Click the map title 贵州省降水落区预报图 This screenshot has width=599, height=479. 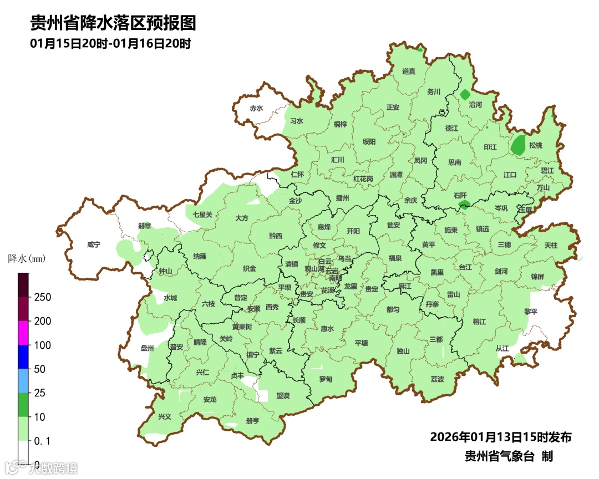click(x=113, y=23)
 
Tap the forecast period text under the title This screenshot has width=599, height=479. click(x=111, y=44)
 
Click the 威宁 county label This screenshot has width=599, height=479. click(x=94, y=244)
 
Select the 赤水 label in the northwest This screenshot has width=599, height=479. click(x=256, y=108)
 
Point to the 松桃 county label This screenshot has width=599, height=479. click(x=536, y=145)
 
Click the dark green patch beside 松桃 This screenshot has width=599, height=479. click(x=519, y=145)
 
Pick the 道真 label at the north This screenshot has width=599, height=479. click(x=409, y=72)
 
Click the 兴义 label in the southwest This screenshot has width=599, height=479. click(x=165, y=416)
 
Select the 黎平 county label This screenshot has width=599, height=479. click(x=531, y=312)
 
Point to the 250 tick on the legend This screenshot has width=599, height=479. click(x=42, y=297)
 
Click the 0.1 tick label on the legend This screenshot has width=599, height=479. click(x=42, y=441)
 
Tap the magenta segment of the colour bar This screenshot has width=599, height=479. click(x=23, y=333)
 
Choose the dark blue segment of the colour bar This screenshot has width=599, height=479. click(x=23, y=356)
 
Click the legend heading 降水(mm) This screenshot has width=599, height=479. click(x=26, y=258)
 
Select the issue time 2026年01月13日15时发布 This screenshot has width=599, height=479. click(x=500, y=437)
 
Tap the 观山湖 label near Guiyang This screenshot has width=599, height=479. click(x=313, y=269)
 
